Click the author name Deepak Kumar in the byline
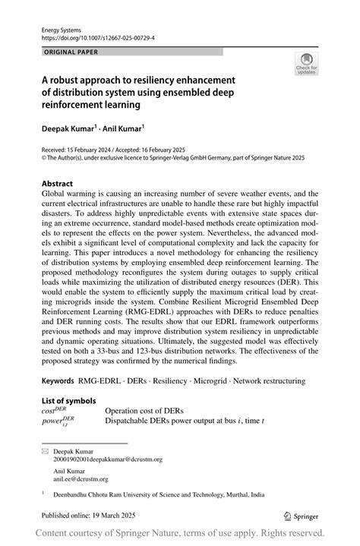(70, 130)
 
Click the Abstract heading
(57, 184)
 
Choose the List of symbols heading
(68, 400)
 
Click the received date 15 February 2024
(93, 150)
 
